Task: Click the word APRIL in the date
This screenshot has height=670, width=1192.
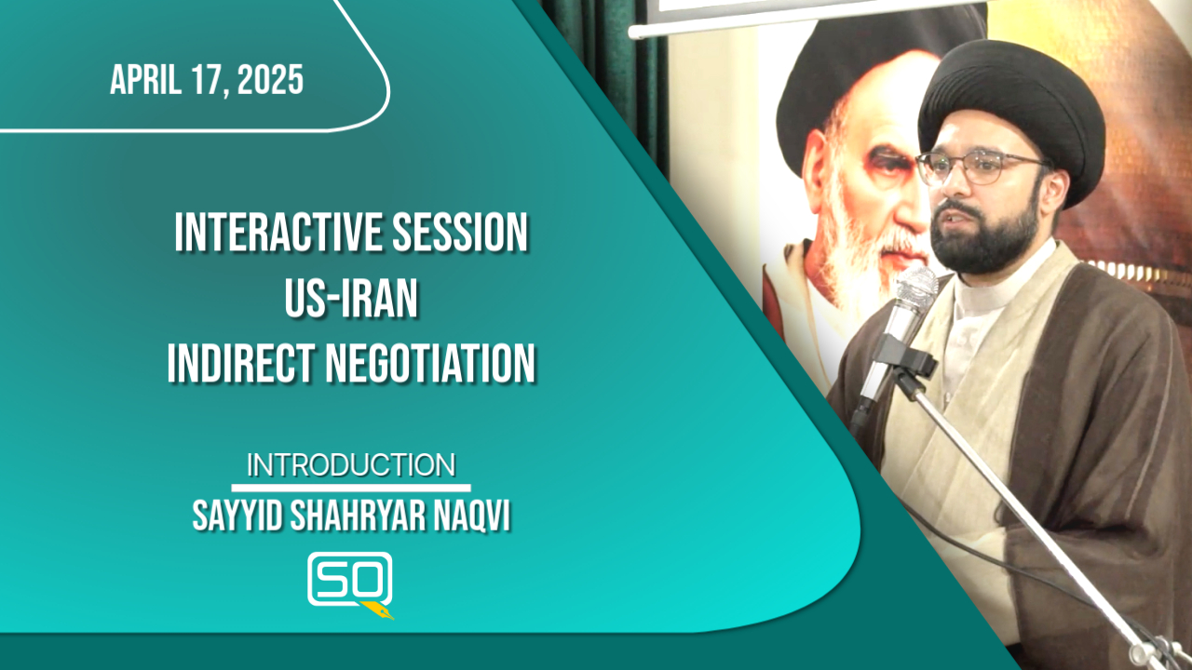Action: [145, 80]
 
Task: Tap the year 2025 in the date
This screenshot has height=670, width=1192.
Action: [270, 80]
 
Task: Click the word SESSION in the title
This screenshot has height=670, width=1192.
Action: [460, 233]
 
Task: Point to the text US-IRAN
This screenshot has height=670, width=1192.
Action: [351, 299]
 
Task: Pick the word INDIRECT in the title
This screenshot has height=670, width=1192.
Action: [241, 363]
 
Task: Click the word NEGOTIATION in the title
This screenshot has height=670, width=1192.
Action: [430, 363]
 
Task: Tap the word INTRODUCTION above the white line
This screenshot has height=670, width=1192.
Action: [351, 465]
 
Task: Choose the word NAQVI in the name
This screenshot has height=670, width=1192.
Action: [472, 516]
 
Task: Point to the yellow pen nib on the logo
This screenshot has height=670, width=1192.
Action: [378, 610]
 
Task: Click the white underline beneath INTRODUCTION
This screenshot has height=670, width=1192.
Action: [351, 488]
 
